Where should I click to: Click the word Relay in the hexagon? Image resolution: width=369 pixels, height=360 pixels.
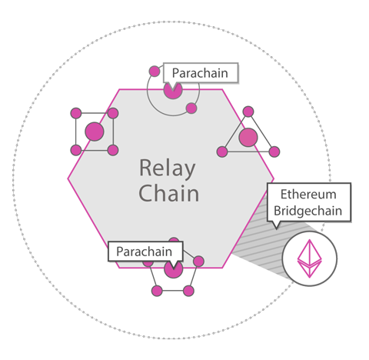pos(168,168)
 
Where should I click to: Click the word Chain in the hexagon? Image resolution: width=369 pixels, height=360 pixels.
pos(168,193)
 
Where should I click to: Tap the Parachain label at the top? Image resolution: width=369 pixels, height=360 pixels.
pos(200,73)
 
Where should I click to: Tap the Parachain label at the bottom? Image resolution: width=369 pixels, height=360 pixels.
pos(145,252)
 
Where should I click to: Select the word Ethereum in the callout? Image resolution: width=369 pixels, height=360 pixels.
pos(308,194)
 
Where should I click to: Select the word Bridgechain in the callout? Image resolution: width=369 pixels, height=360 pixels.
pos(308,211)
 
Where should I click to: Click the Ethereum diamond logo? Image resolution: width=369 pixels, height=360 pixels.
pos(309,258)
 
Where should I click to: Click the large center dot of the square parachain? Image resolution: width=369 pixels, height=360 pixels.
pos(95,132)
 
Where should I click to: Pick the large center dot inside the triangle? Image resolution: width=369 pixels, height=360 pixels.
pos(248,137)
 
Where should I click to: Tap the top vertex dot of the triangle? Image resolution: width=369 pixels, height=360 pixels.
pos(248,112)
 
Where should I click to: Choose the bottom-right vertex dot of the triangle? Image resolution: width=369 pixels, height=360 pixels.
pos(274,152)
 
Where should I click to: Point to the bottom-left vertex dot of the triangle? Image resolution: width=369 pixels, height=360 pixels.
pos(222,152)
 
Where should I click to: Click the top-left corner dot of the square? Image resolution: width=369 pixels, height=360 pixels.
pos(76,113)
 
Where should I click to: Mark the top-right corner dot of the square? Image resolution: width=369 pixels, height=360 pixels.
pos(113,113)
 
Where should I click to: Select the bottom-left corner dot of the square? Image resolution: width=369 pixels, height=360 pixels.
pos(76,150)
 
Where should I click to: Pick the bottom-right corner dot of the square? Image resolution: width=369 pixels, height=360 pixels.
pos(113,150)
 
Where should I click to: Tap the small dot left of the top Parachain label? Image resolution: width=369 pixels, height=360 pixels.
pos(155,72)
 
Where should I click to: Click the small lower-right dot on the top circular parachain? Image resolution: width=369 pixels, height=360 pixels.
pos(191,108)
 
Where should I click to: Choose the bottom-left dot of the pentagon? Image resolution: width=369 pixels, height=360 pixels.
pos(157,291)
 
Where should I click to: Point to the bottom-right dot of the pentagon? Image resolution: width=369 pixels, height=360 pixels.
pos(188,291)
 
